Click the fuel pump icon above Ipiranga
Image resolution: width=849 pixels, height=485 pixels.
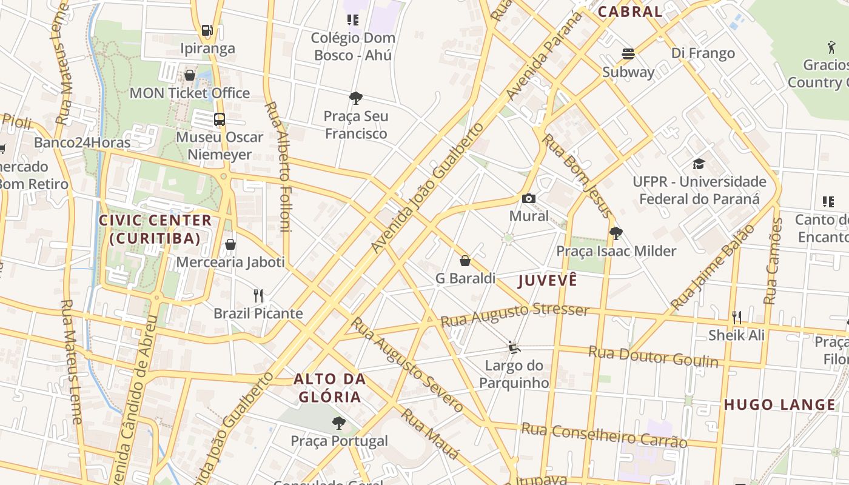(207, 30)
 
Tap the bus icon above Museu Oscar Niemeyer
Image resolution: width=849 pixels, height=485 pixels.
(220, 119)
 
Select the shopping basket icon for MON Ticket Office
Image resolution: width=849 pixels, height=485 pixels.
(190, 75)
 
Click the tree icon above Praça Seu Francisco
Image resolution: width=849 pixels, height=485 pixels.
(356, 98)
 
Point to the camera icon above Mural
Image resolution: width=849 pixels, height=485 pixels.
(529, 198)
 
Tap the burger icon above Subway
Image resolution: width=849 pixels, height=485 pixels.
(628, 54)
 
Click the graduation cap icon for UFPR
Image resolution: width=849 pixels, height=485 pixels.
(699, 164)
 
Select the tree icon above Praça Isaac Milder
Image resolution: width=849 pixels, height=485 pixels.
(616, 233)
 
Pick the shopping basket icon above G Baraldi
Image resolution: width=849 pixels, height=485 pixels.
(465, 261)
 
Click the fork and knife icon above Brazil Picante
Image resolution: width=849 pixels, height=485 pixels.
(258, 296)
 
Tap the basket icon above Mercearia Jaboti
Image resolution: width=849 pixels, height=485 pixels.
(230, 244)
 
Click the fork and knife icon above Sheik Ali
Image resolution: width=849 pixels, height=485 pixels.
(737, 317)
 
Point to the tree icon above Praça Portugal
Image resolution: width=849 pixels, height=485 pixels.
(339, 423)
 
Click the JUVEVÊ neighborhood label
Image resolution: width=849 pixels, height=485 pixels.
(547, 281)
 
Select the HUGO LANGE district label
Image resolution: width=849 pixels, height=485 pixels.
(779, 404)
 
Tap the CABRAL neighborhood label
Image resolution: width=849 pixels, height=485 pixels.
(629, 12)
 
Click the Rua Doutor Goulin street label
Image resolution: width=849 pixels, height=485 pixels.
(653, 357)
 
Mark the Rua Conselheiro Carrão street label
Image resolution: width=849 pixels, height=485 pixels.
(604, 435)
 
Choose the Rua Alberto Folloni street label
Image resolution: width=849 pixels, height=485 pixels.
(277, 167)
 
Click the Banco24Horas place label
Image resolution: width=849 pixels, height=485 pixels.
(82, 142)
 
